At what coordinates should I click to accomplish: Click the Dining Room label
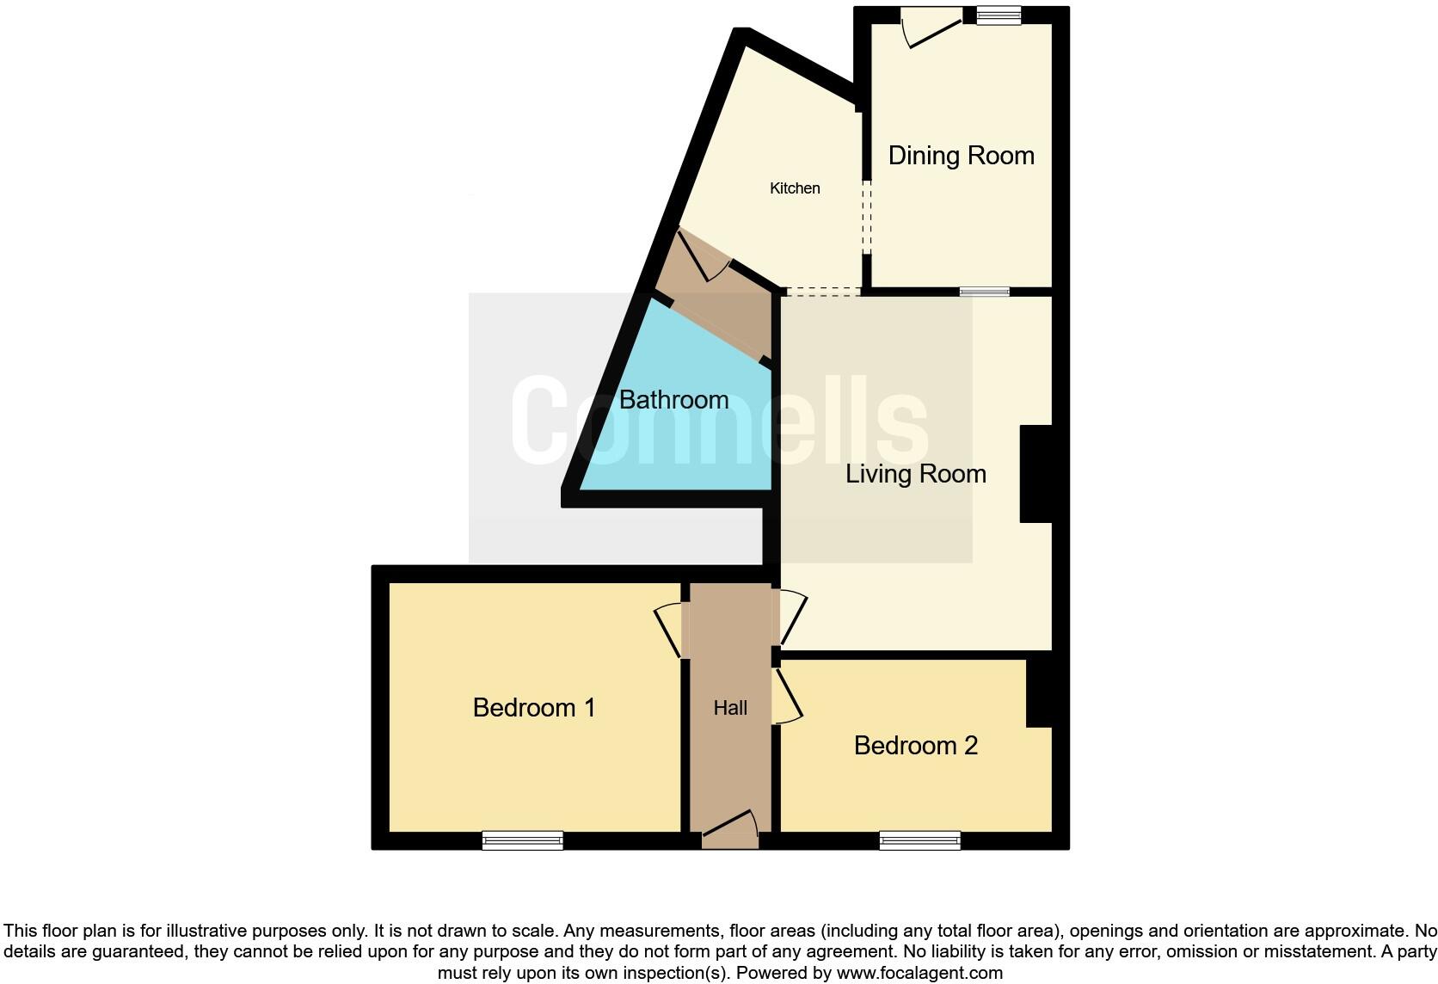pos(961,156)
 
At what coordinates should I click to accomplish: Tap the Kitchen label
pos(795,188)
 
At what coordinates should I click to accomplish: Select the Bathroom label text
pos(673,400)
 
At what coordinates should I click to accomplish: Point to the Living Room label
pos(915,474)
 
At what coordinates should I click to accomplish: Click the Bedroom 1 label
pos(534,708)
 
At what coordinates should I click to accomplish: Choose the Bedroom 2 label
pos(915,746)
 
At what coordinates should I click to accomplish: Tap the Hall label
pos(730,708)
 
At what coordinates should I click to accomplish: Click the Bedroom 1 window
pos(522,840)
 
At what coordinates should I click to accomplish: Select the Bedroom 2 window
pos(919,840)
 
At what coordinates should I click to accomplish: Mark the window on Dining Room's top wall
pos(999,15)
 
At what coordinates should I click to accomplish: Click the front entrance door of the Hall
pos(730,827)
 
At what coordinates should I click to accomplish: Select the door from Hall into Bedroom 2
pos(787,697)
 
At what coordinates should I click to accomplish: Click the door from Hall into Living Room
pos(792,618)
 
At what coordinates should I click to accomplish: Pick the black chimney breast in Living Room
pos(1035,474)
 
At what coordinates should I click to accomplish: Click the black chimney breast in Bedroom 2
pos(1040,693)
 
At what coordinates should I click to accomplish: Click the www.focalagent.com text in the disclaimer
pos(919,973)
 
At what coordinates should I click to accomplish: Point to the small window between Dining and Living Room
pos(984,292)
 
